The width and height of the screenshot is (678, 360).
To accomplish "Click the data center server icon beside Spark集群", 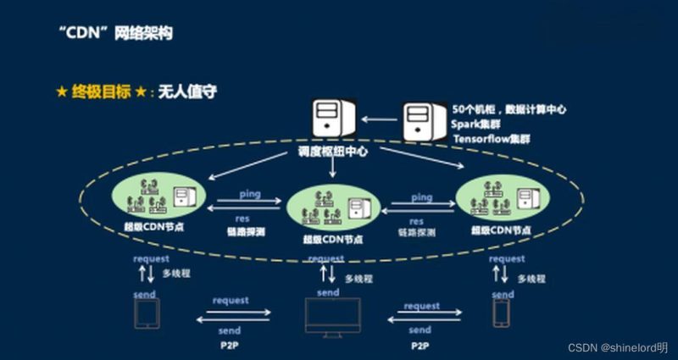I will [x=424, y=123].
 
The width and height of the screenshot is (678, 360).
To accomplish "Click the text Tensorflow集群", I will [x=495, y=137].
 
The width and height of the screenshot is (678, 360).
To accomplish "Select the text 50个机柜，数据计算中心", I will [x=508, y=109].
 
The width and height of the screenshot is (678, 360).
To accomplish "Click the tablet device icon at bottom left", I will [x=148, y=313].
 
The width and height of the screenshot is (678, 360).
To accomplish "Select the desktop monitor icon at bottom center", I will [x=332, y=317].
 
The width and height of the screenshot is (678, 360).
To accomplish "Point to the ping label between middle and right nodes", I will [x=421, y=197].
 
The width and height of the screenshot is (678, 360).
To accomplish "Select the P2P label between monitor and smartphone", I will [x=421, y=346].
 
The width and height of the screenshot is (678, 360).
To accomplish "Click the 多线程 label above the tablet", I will [x=176, y=274].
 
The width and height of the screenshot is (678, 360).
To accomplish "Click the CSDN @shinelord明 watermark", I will [x=617, y=348].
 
